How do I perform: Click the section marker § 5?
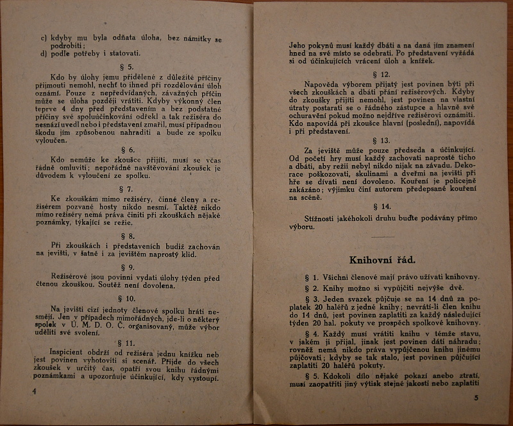pos(127,66)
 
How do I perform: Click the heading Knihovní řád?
pos(383,260)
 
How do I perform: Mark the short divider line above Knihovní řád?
pos(383,238)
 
